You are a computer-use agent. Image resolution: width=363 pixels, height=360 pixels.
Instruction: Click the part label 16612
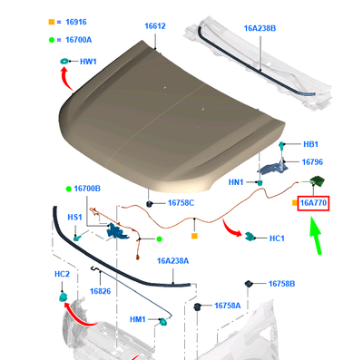tap(154, 26)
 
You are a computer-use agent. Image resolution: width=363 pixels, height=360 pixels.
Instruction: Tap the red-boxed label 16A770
tap(315, 205)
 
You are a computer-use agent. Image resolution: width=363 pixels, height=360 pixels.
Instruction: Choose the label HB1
tap(310, 144)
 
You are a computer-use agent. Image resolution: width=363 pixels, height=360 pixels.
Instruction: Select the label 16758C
tap(179, 203)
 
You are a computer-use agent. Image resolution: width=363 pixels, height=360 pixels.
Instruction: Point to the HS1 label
tap(74, 218)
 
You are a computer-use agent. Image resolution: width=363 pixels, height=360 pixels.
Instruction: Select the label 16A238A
tap(172, 260)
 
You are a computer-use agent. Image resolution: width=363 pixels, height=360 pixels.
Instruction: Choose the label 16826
tap(99, 290)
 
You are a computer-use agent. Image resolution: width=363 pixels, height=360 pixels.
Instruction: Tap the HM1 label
tap(138, 319)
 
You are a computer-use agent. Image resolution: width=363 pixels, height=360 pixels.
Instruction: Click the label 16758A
tap(227, 306)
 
